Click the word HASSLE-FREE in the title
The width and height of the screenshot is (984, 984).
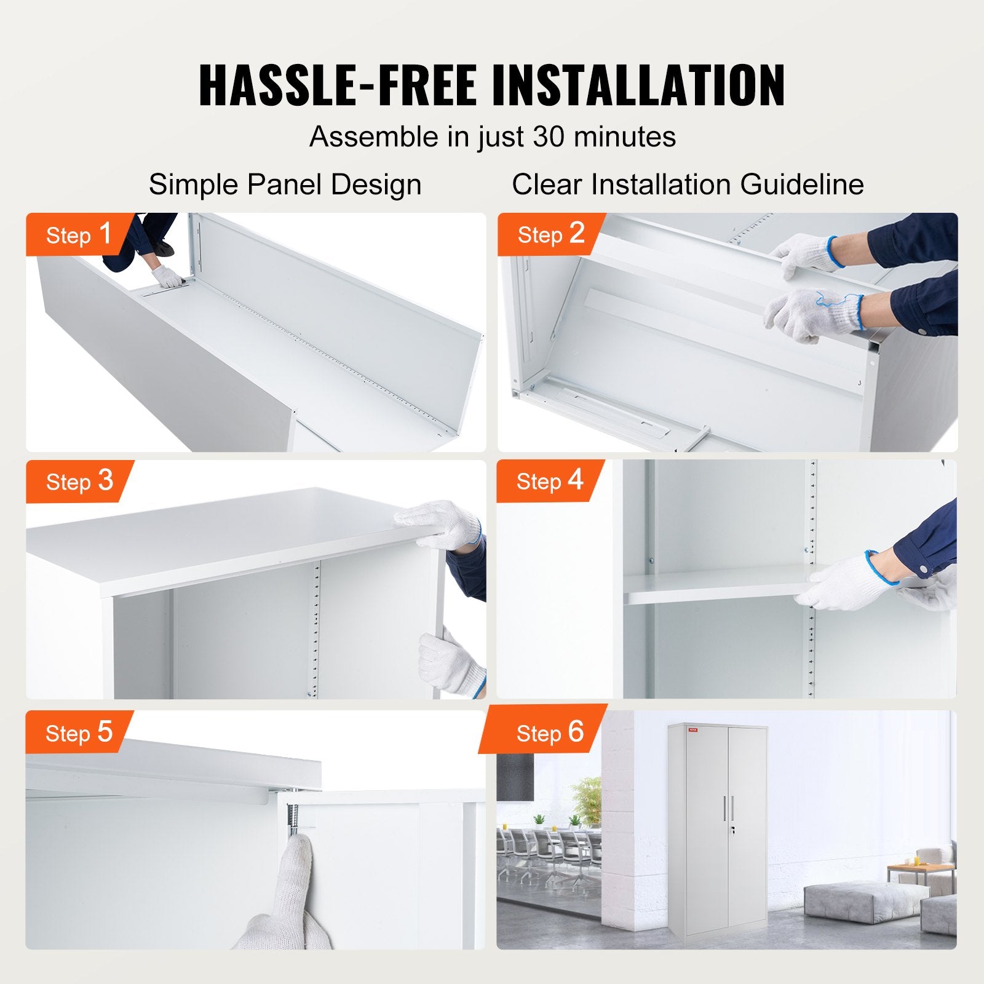point(338,85)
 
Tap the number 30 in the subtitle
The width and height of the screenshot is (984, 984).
point(549,137)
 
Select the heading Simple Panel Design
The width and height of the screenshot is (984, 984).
point(285,184)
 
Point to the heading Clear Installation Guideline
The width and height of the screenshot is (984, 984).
point(688,184)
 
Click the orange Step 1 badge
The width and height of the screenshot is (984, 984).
point(78,234)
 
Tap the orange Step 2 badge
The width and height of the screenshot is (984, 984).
point(550,234)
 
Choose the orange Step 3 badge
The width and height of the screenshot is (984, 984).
point(79,481)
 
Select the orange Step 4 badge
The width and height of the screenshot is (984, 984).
point(549,480)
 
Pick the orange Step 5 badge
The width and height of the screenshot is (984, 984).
point(78,732)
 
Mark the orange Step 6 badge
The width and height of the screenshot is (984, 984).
point(549,732)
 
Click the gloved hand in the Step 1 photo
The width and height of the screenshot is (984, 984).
point(167,277)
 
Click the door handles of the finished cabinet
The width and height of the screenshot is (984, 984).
point(729,807)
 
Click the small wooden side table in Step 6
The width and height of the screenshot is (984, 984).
point(920,872)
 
